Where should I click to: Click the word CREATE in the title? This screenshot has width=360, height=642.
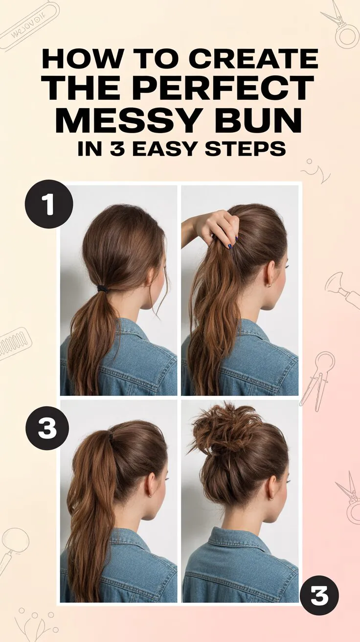253,59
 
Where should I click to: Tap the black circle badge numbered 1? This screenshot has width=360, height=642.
48,204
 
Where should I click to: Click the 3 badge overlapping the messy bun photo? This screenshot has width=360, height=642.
319,596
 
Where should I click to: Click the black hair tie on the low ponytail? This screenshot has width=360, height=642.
103,288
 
